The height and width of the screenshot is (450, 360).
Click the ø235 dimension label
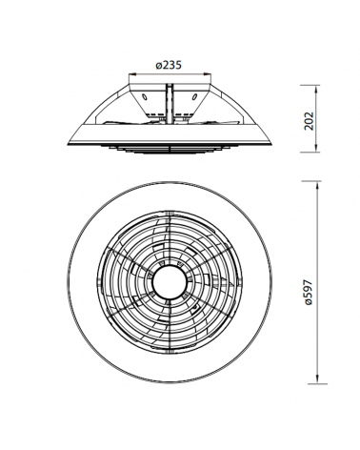coord(169,65)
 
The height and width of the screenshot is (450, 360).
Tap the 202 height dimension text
coord(309,121)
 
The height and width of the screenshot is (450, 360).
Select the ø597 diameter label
coord(309,293)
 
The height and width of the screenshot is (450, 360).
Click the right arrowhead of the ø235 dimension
coord(208,74)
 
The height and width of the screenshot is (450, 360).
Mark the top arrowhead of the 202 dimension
coord(316,90)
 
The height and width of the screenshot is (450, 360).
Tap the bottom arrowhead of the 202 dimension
coord(316,149)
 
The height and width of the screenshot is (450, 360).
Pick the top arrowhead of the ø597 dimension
coord(317,185)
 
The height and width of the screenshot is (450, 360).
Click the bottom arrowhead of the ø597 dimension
coord(317,379)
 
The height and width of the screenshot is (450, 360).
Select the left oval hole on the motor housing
coord(144,96)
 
